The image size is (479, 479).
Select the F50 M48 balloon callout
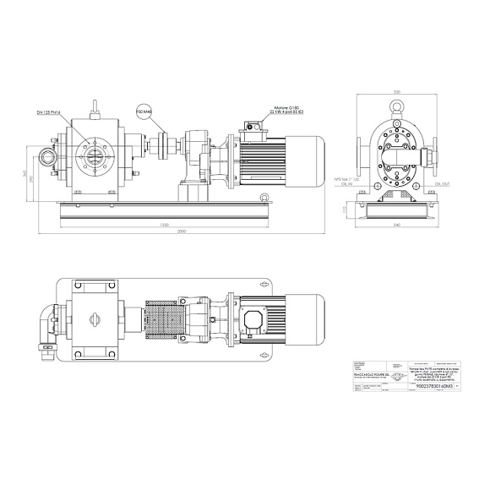(144, 109)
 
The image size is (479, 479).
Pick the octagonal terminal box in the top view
(253, 320)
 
